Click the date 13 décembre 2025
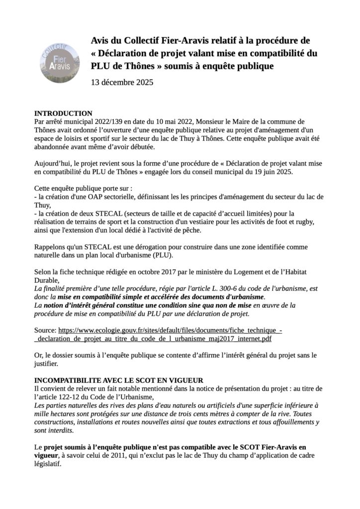pyautogui.click(x=122, y=82)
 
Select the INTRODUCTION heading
pyautogui.click(x=63, y=113)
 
